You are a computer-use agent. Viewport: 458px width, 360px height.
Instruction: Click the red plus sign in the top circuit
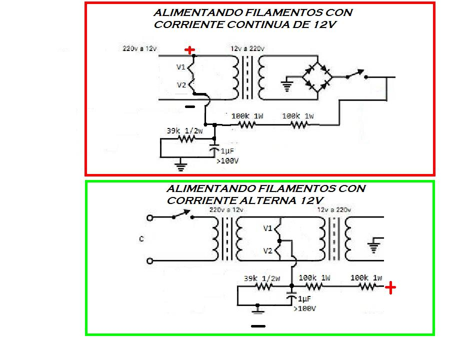point(189,50)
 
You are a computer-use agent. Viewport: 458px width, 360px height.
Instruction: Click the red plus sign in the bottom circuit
point(390,287)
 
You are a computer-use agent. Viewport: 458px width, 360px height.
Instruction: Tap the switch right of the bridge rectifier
point(356,75)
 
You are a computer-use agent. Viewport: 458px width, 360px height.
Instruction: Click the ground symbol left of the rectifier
point(286,85)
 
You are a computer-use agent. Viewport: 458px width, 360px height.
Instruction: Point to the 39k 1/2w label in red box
point(185,130)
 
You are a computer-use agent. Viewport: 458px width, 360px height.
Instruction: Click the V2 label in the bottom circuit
point(267,250)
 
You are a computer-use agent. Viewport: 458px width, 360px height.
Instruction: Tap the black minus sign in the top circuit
point(189,106)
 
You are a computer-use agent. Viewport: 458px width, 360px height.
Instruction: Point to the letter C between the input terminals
point(141,239)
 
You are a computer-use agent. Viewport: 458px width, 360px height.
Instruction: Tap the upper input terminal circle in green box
point(148,218)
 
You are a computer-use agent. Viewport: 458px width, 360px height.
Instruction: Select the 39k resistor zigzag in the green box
point(264,286)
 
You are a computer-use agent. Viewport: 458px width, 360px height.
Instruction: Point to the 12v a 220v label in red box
point(247,48)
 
